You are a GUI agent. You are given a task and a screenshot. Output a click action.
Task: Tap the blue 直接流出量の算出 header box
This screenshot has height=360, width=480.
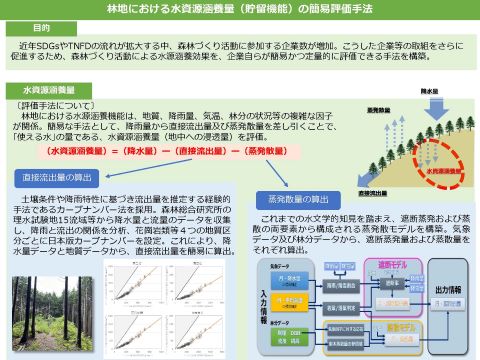pyautogui.click(x=60, y=177)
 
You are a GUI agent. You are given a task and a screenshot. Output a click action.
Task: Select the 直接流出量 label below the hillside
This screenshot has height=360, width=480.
pyautogui.click(x=371, y=192)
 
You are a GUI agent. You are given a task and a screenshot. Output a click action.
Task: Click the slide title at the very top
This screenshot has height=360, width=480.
pyautogui.click(x=239, y=10)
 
